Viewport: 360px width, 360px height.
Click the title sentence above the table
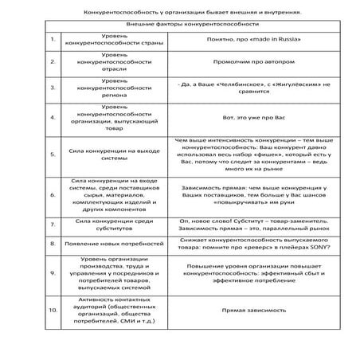point(180,13)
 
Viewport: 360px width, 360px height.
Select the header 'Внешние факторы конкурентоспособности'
point(180,25)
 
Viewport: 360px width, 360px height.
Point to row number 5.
point(53,154)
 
